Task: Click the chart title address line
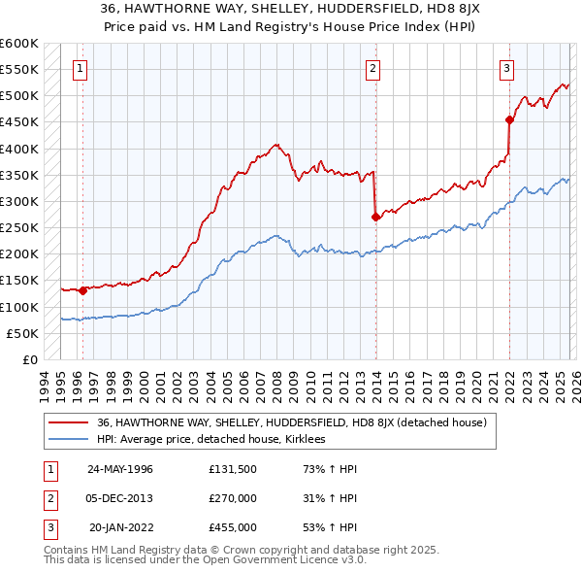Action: click(291, 9)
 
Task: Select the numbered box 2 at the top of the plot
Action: click(373, 68)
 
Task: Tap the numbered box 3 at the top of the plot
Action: click(507, 68)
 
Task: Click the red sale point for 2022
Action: click(509, 120)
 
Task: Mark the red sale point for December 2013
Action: click(375, 218)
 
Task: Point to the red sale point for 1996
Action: click(83, 289)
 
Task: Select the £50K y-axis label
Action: click(23, 333)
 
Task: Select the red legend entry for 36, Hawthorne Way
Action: click(297, 422)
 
